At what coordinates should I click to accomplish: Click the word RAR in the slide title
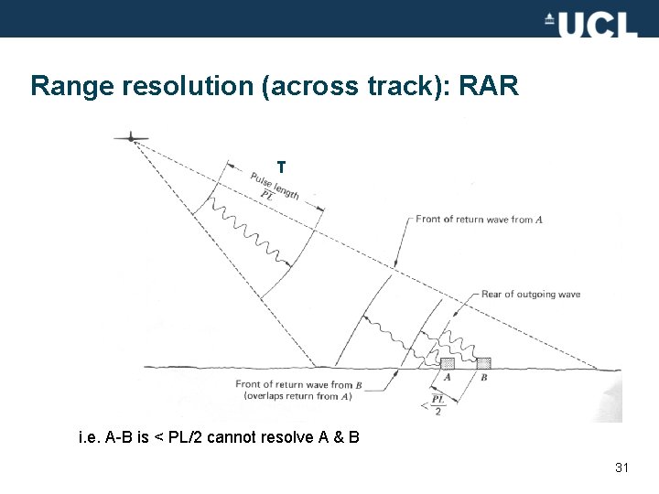click(488, 87)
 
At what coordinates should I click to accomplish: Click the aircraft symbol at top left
click(133, 138)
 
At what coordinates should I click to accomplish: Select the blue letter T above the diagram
click(281, 167)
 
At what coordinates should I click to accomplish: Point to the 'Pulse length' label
click(275, 187)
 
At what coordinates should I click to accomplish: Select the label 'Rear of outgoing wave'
click(530, 295)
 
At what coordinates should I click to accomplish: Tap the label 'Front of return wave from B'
click(294, 385)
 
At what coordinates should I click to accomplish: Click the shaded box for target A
click(448, 364)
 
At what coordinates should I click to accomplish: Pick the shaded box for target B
click(483, 364)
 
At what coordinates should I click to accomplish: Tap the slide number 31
click(622, 468)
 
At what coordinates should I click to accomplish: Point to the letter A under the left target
click(448, 377)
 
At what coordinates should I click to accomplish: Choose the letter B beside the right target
click(483, 377)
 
